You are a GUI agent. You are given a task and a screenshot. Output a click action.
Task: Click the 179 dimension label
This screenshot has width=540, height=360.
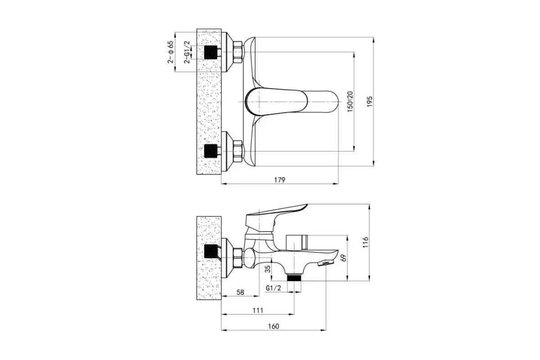(x=279, y=180)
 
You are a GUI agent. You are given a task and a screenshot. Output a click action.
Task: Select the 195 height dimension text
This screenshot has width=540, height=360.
(x=369, y=102)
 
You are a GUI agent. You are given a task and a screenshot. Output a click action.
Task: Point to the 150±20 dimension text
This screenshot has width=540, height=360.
(x=350, y=102)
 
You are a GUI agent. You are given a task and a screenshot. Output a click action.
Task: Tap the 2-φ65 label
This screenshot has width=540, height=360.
(x=171, y=52)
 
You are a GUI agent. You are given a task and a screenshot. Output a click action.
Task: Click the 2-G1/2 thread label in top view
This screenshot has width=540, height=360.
(x=187, y=52)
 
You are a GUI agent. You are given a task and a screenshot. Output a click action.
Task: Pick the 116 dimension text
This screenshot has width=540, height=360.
(x=365, y=243)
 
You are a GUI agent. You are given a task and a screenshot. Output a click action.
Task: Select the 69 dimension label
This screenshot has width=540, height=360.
(x=344, y=258)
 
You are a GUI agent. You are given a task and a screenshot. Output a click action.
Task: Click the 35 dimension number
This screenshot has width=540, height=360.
(x=268, y=269)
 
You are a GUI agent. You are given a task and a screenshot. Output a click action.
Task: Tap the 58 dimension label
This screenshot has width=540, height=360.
(x=240, y=292)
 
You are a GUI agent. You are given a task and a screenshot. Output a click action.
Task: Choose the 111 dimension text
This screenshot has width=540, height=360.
(x=258, y=310)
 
